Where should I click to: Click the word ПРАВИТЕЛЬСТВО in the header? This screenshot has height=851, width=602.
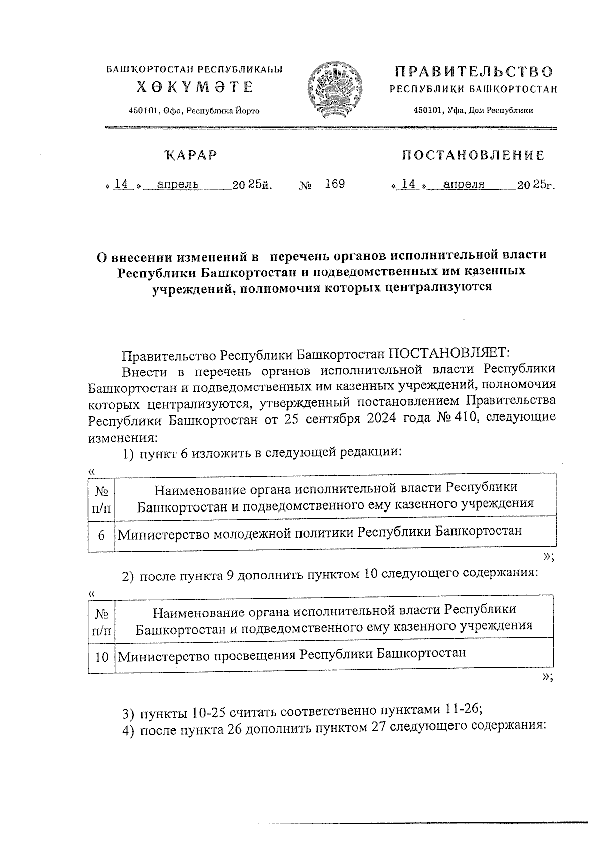(474, 72)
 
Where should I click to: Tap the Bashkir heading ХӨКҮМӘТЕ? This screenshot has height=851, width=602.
(196, 88)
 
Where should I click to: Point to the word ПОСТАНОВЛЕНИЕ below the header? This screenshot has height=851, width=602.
(473, 155)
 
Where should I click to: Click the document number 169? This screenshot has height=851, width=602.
(335, 184)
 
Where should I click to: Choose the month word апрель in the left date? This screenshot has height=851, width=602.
(178, 185)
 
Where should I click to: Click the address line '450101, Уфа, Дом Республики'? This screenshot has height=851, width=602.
(473, 111)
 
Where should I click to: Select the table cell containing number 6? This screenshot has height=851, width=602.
(101, 535)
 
